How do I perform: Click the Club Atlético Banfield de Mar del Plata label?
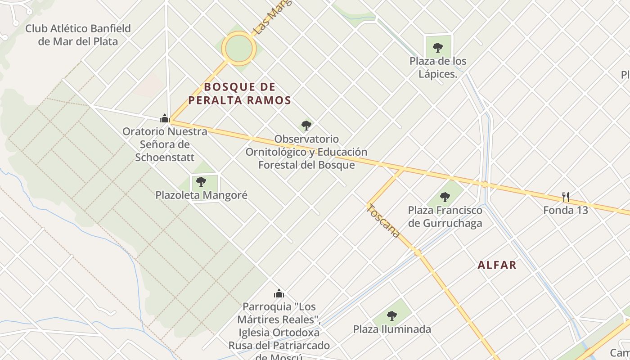click(x=78, y=35)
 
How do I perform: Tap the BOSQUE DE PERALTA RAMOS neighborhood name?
click(x=239, y=94)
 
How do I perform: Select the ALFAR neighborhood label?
click(x=497, y=265)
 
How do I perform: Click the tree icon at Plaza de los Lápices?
click(x=438, y=47)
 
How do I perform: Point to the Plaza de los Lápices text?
click(x=438, y=67)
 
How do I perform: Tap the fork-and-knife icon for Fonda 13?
click(x=566, y=197)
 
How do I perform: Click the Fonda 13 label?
click(x=566, y=210)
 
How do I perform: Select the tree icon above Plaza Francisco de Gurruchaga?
click(x=445, y=197)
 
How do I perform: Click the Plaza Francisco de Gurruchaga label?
click(x=445, y=216)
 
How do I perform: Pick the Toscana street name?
click(x=383, y=221)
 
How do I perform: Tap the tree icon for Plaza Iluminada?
click(x=392, y=316)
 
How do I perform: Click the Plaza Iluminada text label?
click(x=392, y=329)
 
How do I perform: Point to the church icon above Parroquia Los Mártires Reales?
click(x=279, y=294)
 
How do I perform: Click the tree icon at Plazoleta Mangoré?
click(x=201, y=182)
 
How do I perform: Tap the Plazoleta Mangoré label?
click(x=201, y=195)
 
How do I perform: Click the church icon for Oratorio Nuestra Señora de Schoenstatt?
click(x=165, y=118)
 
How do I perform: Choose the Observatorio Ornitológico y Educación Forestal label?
click(x=306, y=152)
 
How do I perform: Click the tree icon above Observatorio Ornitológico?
click(x=306, y=125)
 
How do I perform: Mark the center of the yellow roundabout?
click(x=239, y=48)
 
